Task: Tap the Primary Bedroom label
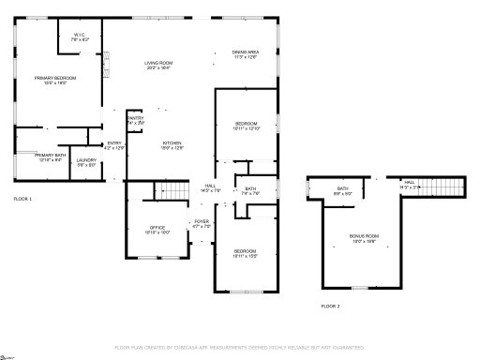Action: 55,80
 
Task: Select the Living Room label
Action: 158,65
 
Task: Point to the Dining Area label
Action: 245,54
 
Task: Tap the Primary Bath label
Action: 50,157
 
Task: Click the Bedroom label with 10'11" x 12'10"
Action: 247,126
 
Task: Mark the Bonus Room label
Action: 365,237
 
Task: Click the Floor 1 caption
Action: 22,200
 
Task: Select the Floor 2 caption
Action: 330,307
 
